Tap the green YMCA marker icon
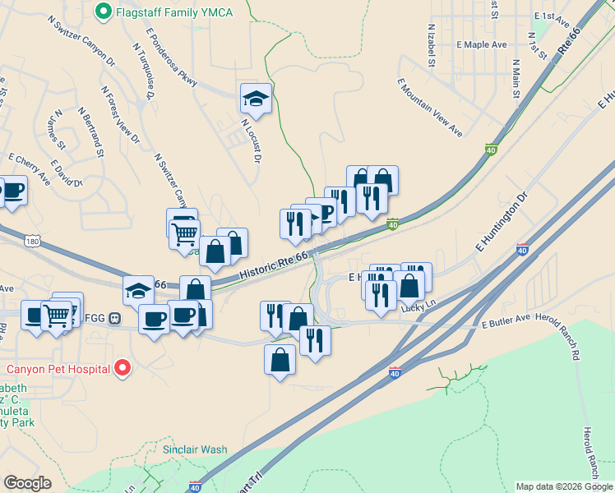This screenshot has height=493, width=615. [104, 12]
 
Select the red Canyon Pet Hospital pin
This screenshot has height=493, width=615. [122, 367]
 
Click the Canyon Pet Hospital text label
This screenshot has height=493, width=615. [59, 367]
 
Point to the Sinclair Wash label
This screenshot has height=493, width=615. [194, 449]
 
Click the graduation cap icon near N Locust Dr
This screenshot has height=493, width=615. [256, 99]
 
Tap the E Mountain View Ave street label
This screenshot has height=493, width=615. [429, 107]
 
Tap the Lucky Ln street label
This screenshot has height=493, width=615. [417, 308]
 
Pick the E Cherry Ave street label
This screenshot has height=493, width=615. [29, 168]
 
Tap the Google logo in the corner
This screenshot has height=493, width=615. [28, 482]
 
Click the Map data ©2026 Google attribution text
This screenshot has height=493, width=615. [565, 486]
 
